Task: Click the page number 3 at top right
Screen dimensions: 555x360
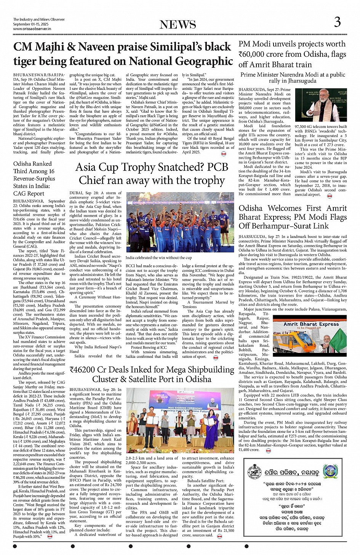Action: pos(337,22)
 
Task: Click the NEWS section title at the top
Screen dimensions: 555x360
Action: pos(178,24)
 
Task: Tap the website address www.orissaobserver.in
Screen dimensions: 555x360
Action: pos(32,29)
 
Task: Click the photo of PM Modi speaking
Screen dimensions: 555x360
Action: pos(321,105)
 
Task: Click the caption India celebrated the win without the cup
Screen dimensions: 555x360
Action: pos(153,258)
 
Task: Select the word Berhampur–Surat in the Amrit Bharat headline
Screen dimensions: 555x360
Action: pos(287,226)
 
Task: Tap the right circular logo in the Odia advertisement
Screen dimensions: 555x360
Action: pos(331,472)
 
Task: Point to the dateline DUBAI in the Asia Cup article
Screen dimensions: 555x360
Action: pos(76,193)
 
